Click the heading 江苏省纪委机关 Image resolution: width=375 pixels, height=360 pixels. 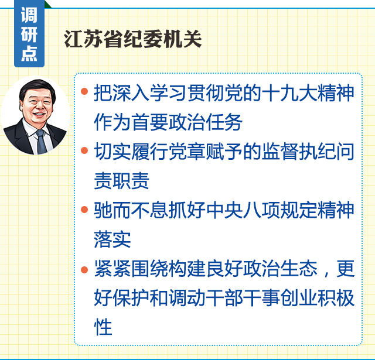tap(133, 39)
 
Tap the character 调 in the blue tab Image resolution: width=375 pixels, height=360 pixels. tap(29, 15)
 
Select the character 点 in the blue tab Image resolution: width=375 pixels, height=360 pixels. tap(29, 53)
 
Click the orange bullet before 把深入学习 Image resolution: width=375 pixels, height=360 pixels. tap(84, 91)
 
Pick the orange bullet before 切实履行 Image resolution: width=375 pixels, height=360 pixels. tap(84, 150)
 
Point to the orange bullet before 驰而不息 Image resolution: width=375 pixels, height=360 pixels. tap(84, 209)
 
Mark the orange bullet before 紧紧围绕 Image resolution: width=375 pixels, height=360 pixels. tap(84, 269)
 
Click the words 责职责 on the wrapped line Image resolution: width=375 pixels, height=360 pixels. tap(121, 181)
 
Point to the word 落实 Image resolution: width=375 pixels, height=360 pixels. tap(112, 239)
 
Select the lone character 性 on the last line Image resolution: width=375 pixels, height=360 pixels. tap(103, 327)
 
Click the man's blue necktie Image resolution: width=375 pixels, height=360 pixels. tap(42, 142)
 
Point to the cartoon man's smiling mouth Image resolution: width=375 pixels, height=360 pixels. tap(39, 115)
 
